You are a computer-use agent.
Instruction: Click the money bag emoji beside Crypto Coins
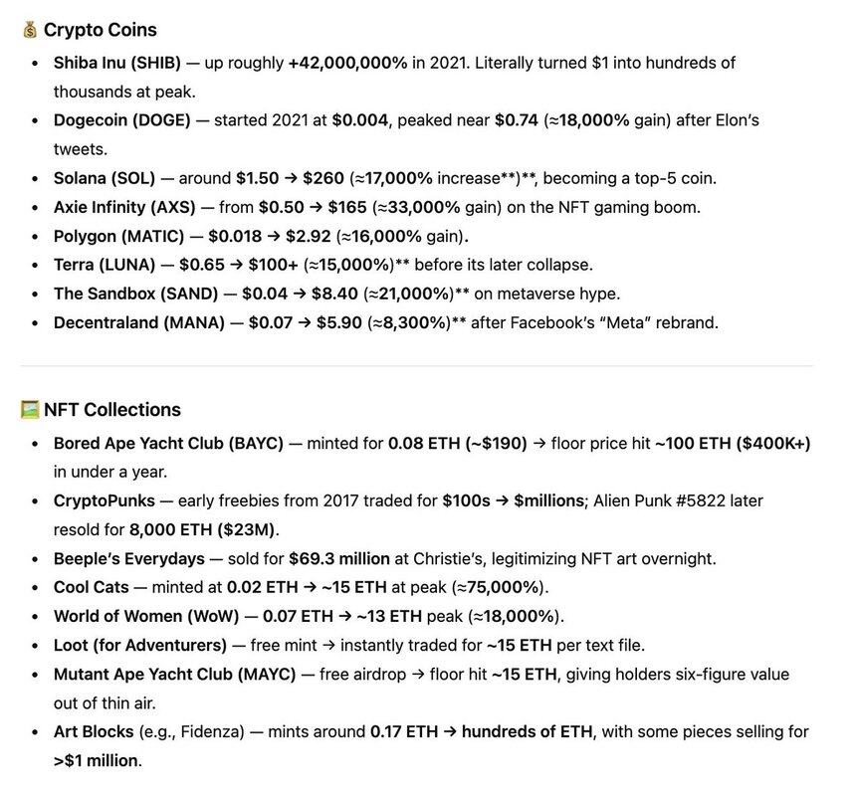tap(30, 30)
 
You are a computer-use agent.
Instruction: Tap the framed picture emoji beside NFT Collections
tap(30, 410)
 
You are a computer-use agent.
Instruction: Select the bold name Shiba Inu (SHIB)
tap(117, 63)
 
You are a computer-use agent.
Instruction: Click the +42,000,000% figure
tap(347, 63)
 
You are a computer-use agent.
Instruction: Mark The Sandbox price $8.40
tap(320, 295)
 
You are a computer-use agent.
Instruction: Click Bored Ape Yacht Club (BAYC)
tap(168, 443)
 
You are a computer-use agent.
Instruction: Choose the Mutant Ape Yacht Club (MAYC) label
tap(174, 675)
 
